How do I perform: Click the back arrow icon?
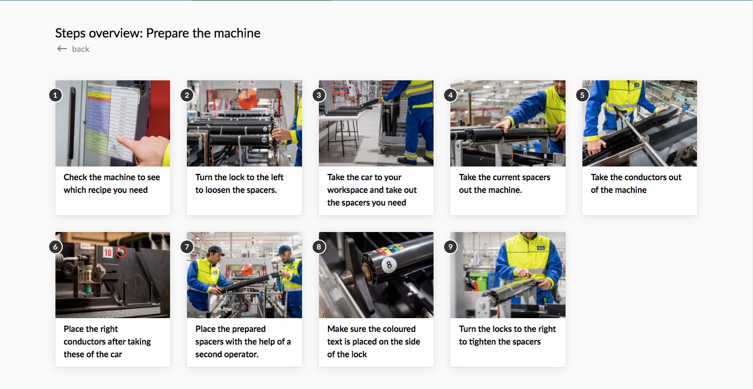pos(62,49)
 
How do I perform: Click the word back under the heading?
pos(81,49)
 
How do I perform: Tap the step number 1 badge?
pos(55,95)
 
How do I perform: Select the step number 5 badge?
pos(582,95)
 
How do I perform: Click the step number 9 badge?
pos(450,247)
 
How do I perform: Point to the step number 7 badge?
pos(187,247)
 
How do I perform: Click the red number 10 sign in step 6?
pos(108,253)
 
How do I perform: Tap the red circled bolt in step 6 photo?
pos(121,252)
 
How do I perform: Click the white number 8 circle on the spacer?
pos(389,264)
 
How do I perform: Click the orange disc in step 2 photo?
pos(248,98)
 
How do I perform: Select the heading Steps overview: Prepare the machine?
pos(158,33)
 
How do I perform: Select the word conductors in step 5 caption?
pos(642,178)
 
